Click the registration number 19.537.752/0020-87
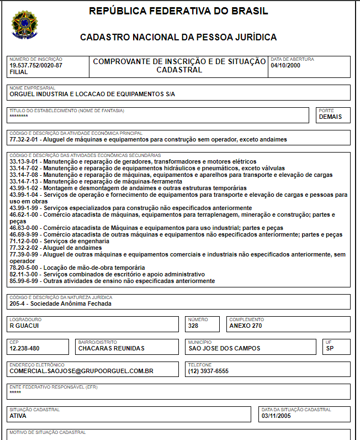coord(36,65)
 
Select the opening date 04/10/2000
coord(285,65)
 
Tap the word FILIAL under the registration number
coord(19,72)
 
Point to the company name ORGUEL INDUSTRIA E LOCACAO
coord(92,94)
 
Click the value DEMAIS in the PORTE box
coord(331,117)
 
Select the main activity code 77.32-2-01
coord(25,139)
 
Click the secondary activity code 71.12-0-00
coord(25,241)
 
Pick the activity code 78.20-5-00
coord(25,268)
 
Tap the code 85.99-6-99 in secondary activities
coord(25,281)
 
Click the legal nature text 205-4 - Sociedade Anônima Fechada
coord(60,303)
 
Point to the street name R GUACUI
coord(24,326)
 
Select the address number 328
coord(193,326)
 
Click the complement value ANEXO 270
coord(246,326)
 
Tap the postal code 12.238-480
coord(25,348)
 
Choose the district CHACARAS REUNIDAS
coord(112,348)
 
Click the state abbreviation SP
coord(330,348)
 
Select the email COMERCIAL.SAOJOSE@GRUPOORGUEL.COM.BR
coord(81,371)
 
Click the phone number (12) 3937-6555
coord(208,371)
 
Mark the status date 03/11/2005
coord(276,416)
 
